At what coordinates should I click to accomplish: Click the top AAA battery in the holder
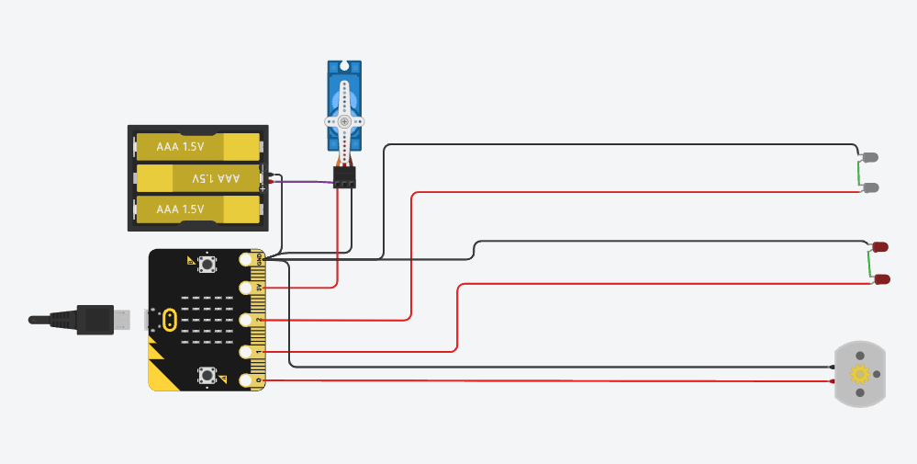pyautogui.click(x=198, y=146)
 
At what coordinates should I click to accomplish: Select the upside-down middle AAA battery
pyautogui.click(x=198, y=177)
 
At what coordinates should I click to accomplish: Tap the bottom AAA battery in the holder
pyautogui.click(x=198, y=209)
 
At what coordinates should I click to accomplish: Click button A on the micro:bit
pyautogui.click(x=207, y=264)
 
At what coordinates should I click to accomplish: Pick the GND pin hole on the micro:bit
pyautogui.click(x=246, y=260)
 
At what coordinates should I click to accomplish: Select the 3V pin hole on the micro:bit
pyautogui.click(x=246, y=289)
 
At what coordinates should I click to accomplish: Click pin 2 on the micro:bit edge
pyautogui.click(x=246, y=320)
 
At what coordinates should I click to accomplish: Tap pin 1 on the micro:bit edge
pyautogui.click(x=246, y=351)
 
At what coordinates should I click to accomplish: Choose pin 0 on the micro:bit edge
pyautogui.click(x=246, y=379)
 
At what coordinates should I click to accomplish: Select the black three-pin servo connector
pyautogui.click(x=344, y=178)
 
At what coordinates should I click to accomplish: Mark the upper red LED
pyautogui.click(x=880, y=247)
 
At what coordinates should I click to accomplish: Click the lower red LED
pyautogui.click(x=880, y=278)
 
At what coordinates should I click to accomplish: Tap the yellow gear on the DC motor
pyautogui.click(x=860, y=374)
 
